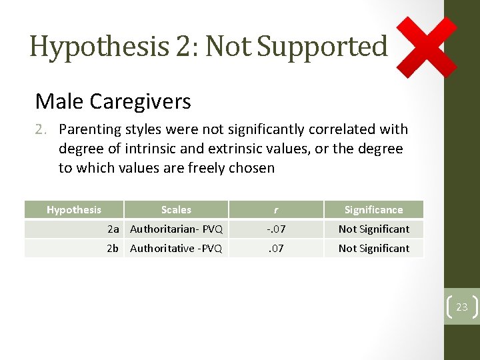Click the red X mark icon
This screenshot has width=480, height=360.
(427, 47)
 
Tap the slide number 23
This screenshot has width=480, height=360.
(462, 307)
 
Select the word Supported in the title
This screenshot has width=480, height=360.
(322, 47)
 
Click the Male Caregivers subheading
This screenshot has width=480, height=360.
(113, 101)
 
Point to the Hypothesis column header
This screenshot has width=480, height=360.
(74, 209)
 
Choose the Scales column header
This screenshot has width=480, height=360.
(176, 209)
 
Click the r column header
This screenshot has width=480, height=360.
(276, 209)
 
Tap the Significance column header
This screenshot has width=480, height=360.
(373, 209)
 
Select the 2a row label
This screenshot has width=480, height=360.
(113, 229)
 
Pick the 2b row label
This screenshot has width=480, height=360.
(113, 248)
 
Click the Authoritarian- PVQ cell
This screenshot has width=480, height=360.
(176, 229)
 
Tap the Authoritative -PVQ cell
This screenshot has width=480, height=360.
(176, 248)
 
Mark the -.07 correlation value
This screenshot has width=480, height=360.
(276, 229)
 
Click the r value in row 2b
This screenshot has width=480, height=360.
(276, 248)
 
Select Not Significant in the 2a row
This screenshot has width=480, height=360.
(373, 229)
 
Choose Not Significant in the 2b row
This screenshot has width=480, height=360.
(373, 248)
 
